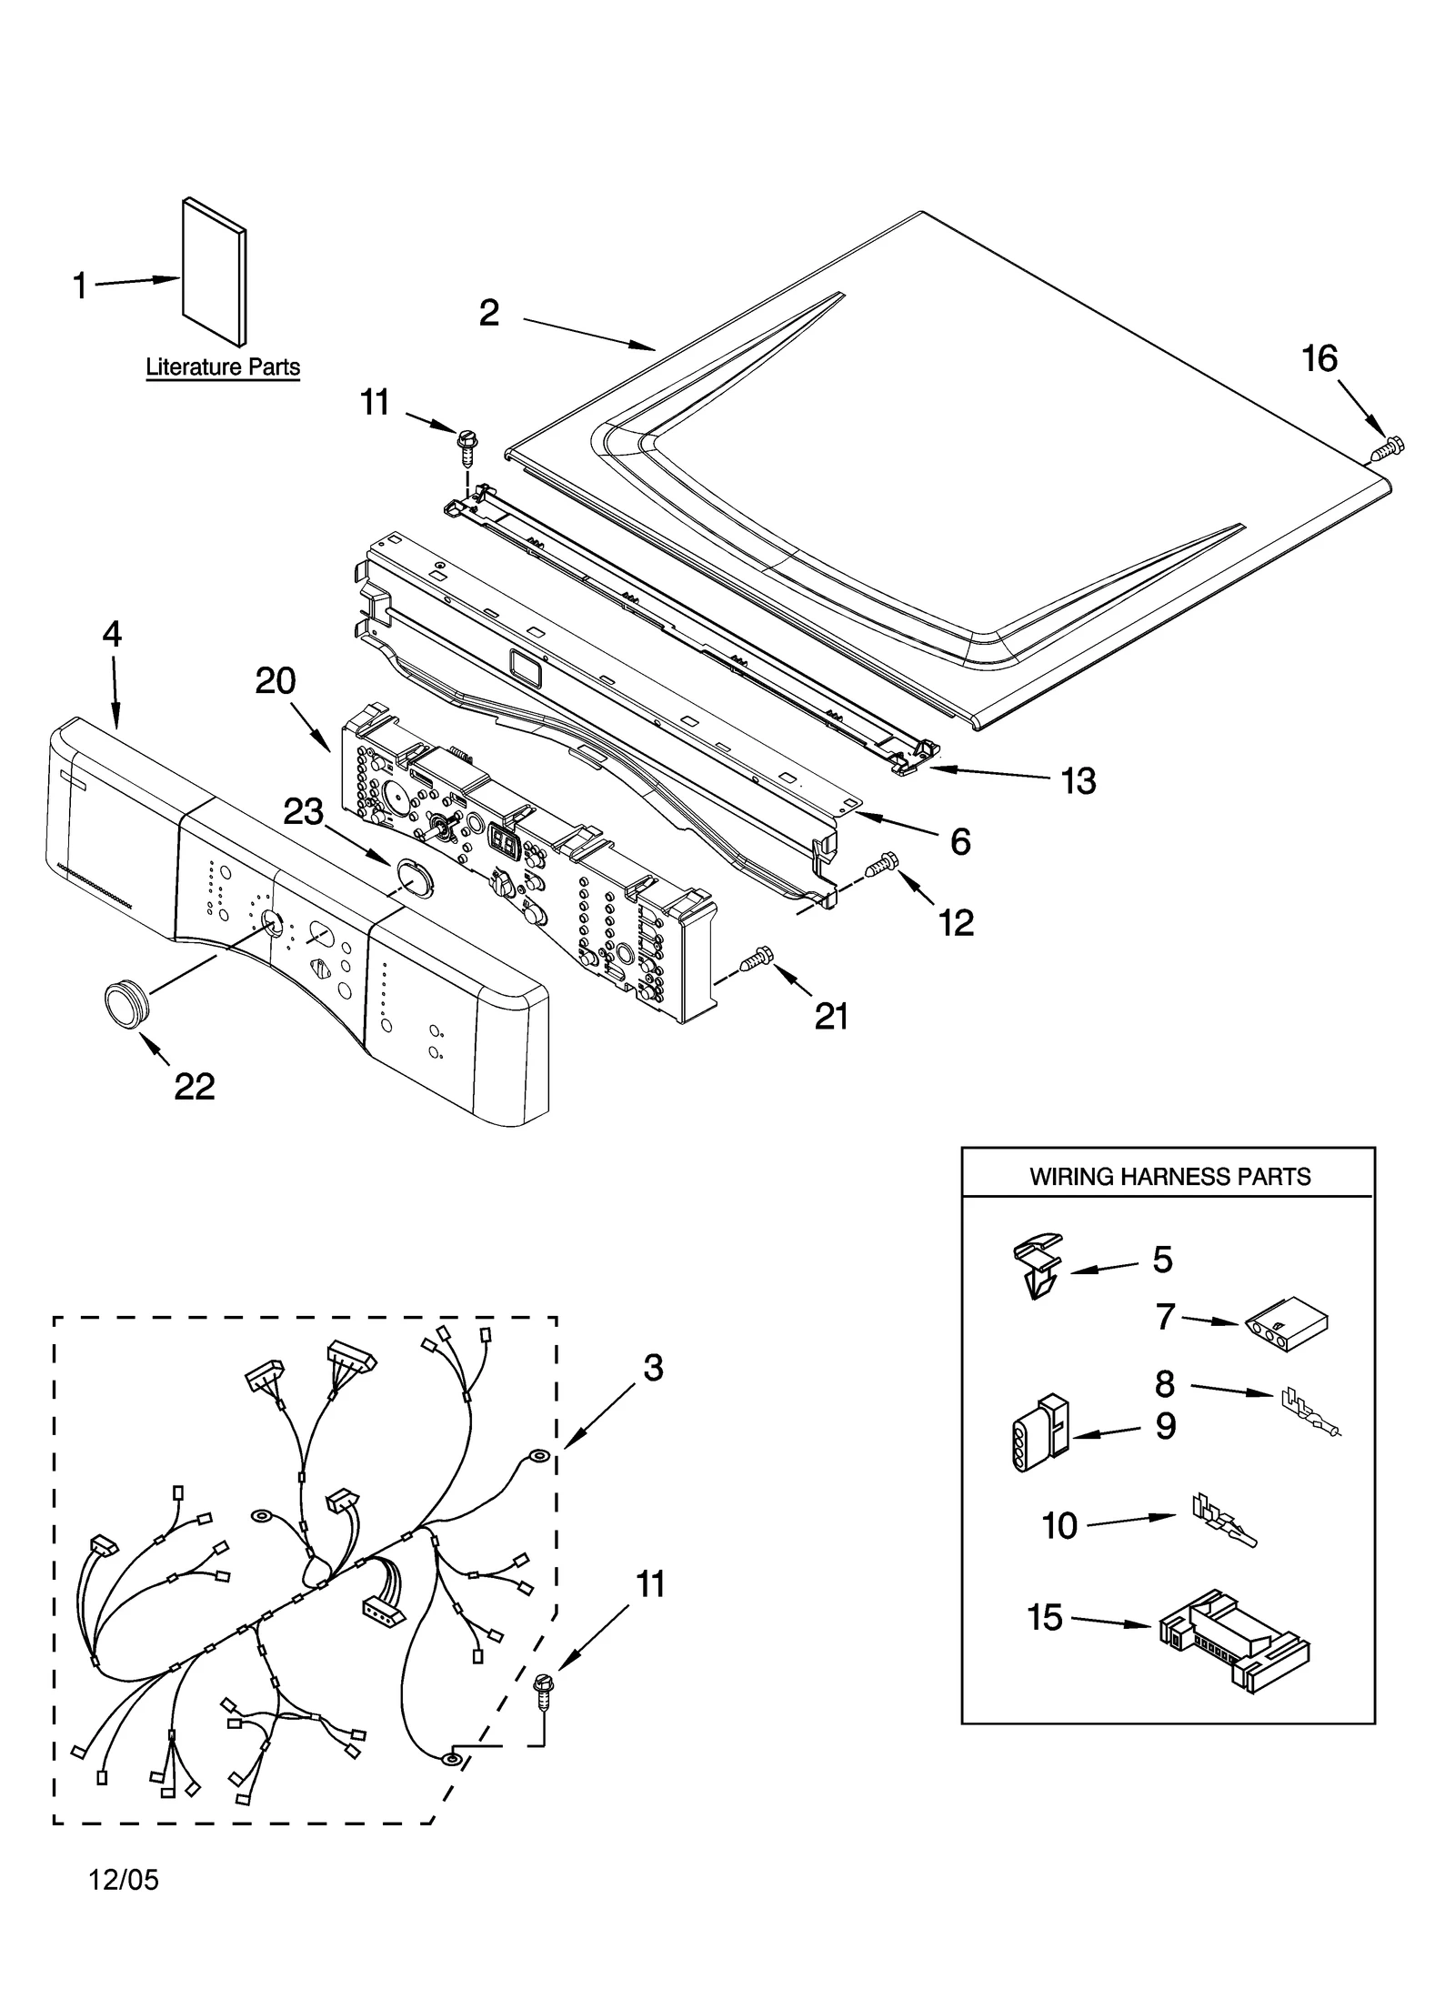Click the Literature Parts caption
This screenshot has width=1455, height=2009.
coord(223,367)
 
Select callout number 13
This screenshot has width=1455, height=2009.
coord(1079,780)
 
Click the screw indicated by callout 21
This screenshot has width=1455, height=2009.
coord(757,959)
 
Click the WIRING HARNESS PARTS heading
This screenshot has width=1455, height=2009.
coord(1169,1177)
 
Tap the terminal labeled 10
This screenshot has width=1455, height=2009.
coord(1224,1522)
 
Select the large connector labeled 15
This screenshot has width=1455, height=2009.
coord(1233,1640)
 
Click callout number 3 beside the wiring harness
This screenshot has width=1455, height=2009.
coord(653,1369)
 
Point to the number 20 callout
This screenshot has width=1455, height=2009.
coord(275,680)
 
